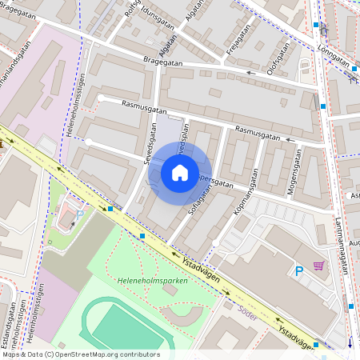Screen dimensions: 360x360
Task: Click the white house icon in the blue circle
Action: coord(180,171)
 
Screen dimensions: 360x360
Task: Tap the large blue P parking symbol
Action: coord(299,272)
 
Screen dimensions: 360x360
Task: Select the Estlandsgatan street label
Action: coord(11,324)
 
